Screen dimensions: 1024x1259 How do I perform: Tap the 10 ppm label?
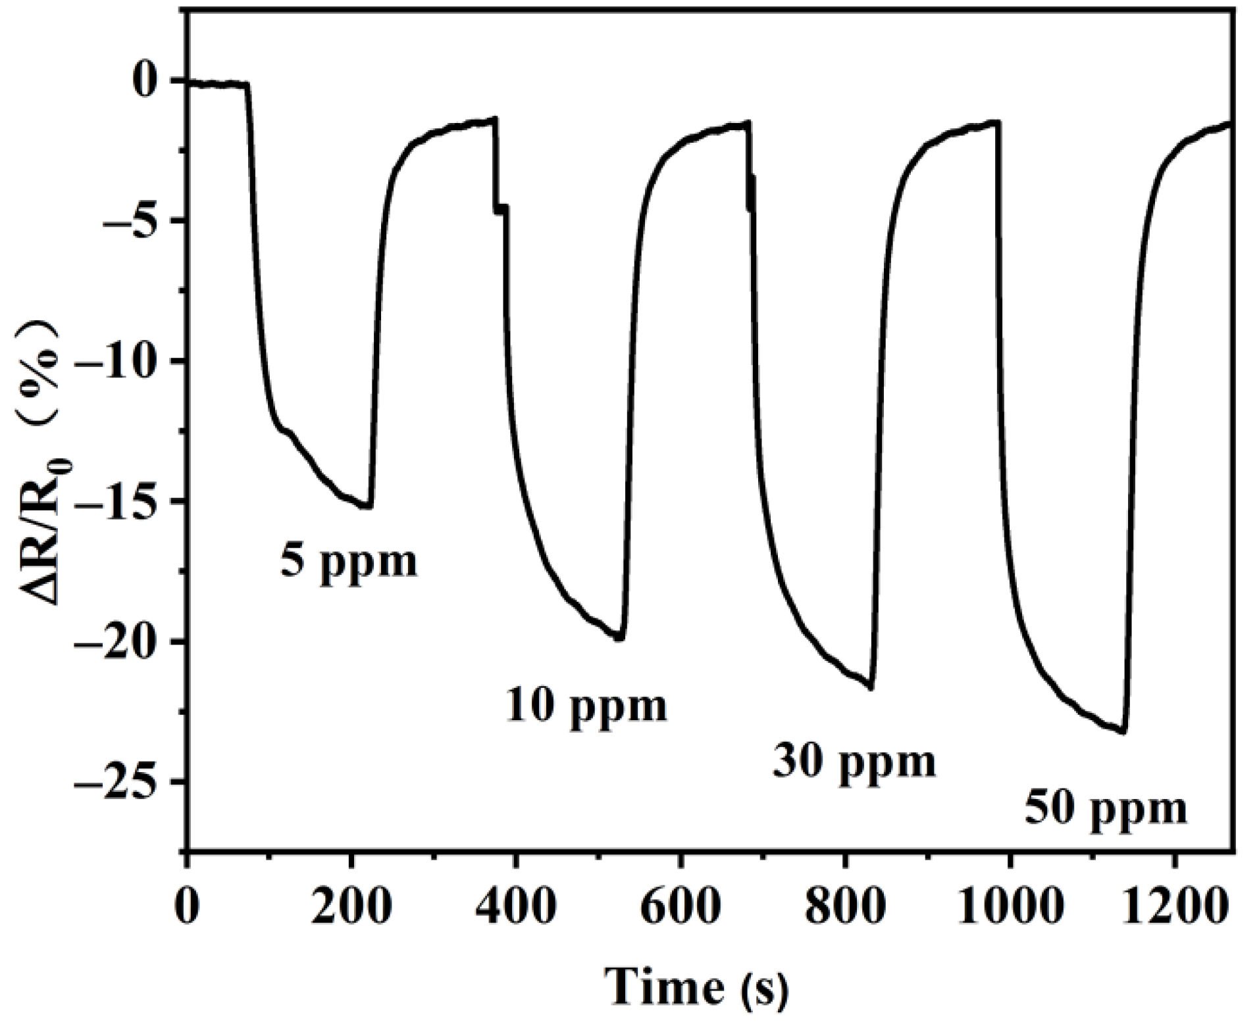[x=586, y=706]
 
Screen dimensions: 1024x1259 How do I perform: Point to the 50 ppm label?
[x=1106, y=809]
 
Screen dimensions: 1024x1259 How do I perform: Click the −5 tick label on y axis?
[x=135, y=220]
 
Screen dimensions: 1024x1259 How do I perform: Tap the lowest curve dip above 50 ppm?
[x=1123, y=732]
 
